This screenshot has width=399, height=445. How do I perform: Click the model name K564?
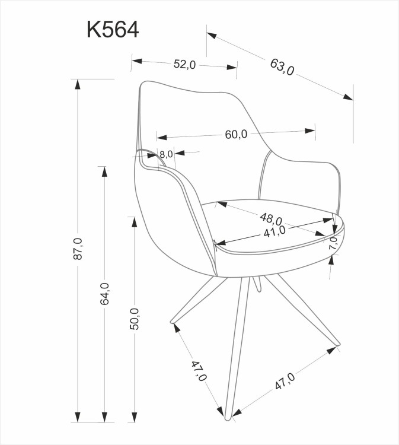113,30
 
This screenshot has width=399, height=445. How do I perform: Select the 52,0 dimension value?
184,65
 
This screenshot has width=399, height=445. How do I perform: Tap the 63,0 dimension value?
282,67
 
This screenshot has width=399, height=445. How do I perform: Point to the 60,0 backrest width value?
235,134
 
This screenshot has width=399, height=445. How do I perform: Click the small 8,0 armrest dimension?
166,154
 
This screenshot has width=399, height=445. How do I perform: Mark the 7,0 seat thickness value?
333,243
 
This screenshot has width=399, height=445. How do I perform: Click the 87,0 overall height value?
78,249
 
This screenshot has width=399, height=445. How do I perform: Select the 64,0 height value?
105,294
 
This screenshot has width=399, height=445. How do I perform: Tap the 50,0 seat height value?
135,319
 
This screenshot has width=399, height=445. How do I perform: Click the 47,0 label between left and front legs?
199,370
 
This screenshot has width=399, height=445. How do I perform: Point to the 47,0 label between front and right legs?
284,382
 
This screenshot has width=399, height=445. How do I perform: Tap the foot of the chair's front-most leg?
227,418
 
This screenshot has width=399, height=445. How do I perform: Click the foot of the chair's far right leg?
338,344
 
